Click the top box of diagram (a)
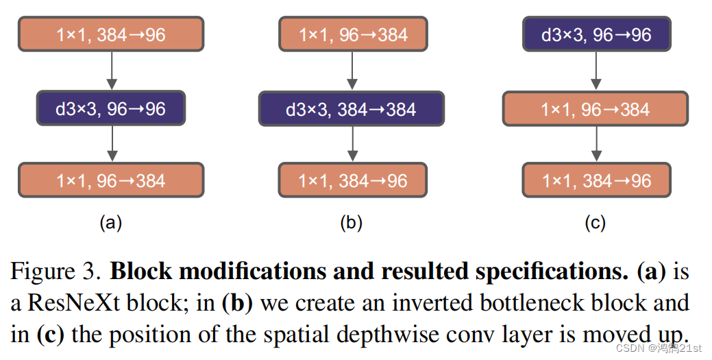tap(110, 34)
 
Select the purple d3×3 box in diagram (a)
tap(110, 108)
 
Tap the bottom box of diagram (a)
tap(110, 180)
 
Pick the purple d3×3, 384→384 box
tap(351, 108)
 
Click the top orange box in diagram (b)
tap(352, 34)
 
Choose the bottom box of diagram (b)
tap(352, 180)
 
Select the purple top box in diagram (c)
tap(596, 34)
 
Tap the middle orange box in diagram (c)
tap(595, 108)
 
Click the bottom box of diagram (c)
tap(596, 180)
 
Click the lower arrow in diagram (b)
tap(352, 145)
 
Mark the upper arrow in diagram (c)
tap(596, 71)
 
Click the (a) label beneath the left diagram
tap(110, 222)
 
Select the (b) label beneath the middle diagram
tap(351, 222)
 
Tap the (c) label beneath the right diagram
tap(595, 222)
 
